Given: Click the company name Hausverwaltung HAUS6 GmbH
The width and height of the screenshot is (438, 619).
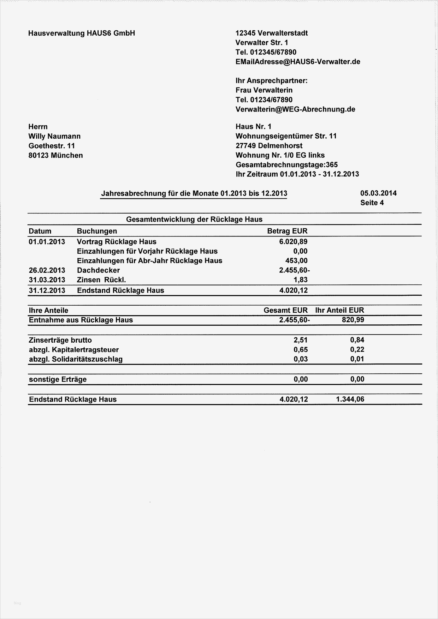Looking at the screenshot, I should [x=82, y=33].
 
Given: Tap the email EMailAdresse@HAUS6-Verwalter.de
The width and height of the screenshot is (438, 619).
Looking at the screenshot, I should [x=298, y=62].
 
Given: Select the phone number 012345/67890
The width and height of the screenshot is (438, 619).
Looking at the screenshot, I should [x=273, y=52].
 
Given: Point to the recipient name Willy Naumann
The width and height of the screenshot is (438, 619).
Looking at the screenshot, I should [x=54, y=136].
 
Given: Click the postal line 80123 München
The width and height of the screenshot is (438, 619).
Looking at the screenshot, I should [x=55, y=155].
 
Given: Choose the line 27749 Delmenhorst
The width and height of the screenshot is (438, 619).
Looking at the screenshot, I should [x=269, y=146].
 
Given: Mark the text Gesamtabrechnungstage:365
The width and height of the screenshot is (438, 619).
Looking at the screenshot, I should [x=286, y=165].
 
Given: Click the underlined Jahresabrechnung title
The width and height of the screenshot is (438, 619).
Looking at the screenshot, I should [x=194, y=193].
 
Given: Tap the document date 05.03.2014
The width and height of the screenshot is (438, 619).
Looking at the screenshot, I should [x=378, y=193].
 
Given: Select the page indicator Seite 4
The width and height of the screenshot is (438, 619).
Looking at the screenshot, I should [x=372, y=203].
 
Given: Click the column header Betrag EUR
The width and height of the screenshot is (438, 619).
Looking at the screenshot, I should [x=287, y=231].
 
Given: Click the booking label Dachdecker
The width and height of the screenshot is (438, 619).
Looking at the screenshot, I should [x=98, y=270].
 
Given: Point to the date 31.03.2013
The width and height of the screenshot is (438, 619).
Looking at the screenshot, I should [x=47, y=280].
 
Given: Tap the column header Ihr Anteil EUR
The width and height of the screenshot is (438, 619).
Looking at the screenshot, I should [x=339, y=310].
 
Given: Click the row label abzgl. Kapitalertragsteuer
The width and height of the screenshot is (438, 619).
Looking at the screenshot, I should [x=74, y=350].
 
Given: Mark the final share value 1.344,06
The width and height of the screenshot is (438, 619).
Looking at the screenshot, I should [x=350, y=399].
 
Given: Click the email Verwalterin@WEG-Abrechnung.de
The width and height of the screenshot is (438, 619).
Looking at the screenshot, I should [x=295, y=109].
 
